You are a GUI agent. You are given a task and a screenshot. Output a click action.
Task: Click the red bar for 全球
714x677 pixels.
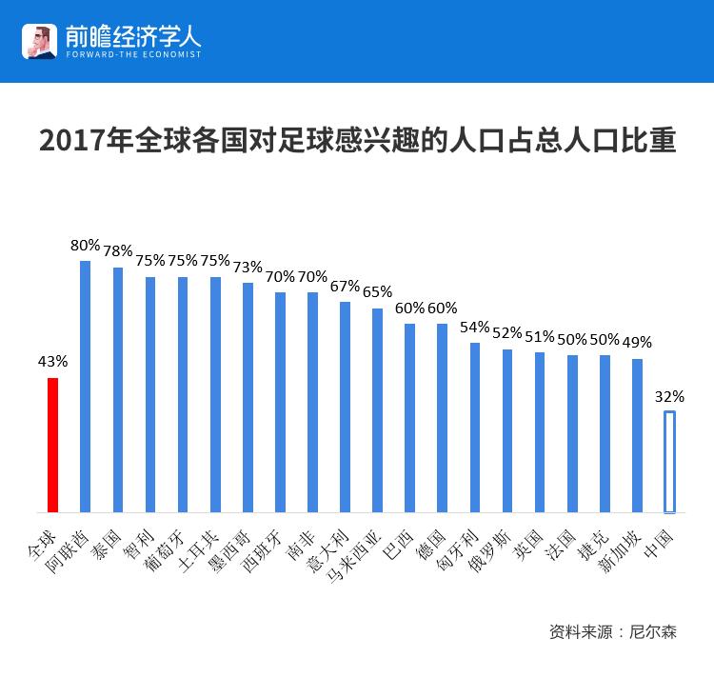pos(53,446)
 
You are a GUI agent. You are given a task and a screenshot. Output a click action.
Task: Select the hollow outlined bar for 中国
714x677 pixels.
pos(669,462)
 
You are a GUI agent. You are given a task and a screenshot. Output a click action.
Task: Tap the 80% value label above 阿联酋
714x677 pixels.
pos(85,245)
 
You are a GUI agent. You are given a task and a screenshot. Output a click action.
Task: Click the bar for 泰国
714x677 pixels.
pos(118,390)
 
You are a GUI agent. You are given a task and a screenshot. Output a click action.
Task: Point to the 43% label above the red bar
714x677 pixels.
pos(52,362)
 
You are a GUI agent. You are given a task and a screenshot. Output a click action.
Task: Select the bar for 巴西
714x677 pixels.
pos(409,419)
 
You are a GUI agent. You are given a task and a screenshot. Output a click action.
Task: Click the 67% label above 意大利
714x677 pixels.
pos(345,286)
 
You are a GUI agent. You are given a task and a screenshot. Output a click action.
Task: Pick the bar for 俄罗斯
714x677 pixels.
pos(507,431)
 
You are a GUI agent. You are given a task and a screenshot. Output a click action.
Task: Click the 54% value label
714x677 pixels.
pos(474,327)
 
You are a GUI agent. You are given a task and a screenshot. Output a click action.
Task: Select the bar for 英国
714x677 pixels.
pos(540,433)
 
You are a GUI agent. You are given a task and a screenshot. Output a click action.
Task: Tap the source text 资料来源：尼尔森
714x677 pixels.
pos(612,631)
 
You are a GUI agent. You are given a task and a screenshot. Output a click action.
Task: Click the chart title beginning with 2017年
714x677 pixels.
pos(357,140)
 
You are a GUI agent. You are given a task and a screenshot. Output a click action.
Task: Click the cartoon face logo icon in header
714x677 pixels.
pos(38,41)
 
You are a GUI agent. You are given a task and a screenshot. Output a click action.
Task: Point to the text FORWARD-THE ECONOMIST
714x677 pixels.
pos(133,54)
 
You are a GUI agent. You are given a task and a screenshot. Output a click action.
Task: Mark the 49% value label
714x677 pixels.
pos(637,343)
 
